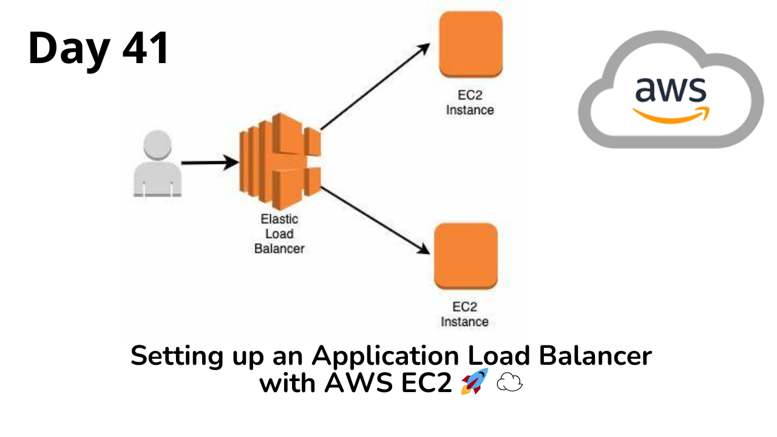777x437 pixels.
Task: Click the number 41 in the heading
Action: pyautogui.click(x=146, y=47)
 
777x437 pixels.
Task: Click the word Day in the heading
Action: pyautogui.click(x=69, y=51)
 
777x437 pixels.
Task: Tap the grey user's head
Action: pyautogui.click(x=157, y=144)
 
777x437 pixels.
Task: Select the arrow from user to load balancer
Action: pyautogui.click(x=210, y=162)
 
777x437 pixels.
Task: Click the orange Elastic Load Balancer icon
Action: pyautogui.click(x=280, y=161)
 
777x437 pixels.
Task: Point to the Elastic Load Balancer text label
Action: pyautogui.click(x=279, y=234)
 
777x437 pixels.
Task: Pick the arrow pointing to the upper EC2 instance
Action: pyautogui.click(x=375, y=86)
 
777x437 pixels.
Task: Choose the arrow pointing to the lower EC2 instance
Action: pyautogui.click(x=375, y=220)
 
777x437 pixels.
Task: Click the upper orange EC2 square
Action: pyautogui.click(x=470, y=44)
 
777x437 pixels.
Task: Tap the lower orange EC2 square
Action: pyautogui.click(x=466, y=256)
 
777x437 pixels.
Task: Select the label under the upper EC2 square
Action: pyautogui.click(x=470, y=103)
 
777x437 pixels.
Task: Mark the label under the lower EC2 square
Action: pyautogui.click(x=465, y=314)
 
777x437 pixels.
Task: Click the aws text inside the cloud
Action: pyautogui.click(x=671, y=89)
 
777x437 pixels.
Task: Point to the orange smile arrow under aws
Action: pyautogui.click(x=671, y=115)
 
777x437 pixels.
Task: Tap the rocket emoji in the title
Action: pyautogui.click(x=475, y=382)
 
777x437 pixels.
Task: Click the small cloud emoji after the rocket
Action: pyautogui.click(x=509, y=382)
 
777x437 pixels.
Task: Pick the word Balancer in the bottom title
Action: pyautogui.click(x=595, y=356)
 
